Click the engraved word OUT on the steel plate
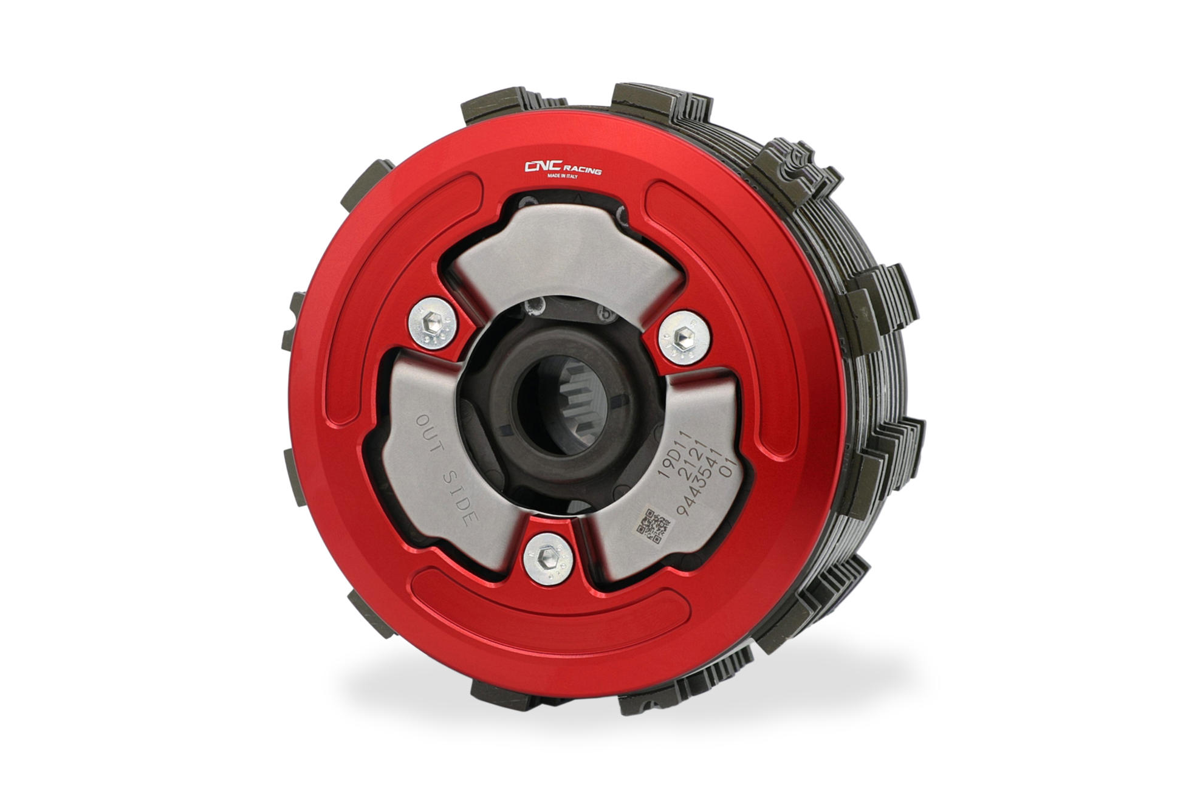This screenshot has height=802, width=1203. click(x=431, y=434)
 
